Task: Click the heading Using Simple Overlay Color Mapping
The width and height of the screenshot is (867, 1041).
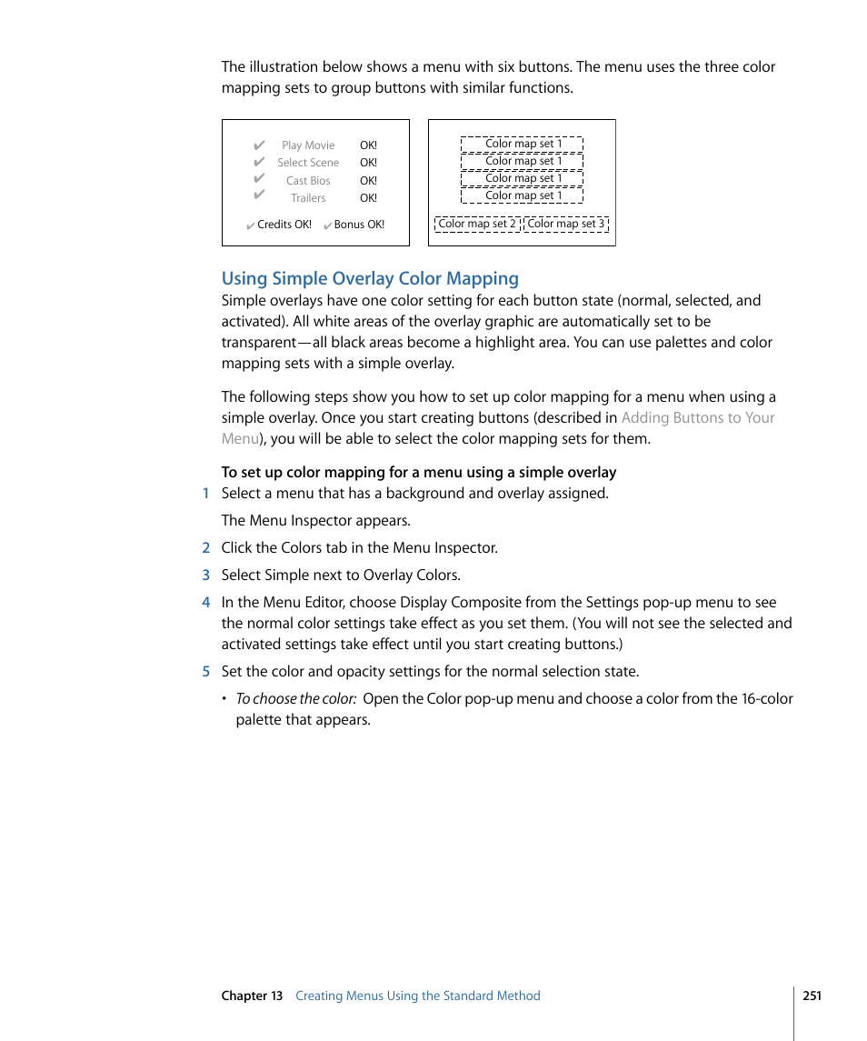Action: tap(370, 278)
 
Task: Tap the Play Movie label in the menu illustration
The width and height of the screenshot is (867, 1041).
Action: tap(308, 145)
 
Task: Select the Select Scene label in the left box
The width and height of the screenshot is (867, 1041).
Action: tap(308, 163)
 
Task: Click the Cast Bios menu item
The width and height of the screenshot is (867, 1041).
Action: tap(308, 181)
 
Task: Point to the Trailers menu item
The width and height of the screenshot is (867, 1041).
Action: tap(308, 198)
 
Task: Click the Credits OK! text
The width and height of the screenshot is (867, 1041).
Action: tap(284, 225)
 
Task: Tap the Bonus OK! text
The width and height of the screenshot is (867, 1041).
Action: tap(358, 225)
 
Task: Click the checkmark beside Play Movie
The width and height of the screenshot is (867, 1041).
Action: tap(259, 145)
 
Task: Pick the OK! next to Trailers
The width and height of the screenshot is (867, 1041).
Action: tap(368, 198)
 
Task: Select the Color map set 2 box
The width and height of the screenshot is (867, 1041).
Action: tap(477, 224)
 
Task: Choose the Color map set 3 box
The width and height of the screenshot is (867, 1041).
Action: tap(565, 224)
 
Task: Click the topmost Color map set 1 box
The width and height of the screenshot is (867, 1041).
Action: tap(522, 144)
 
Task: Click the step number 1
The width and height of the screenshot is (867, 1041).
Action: tap(205, 494)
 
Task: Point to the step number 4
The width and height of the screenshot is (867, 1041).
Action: tap(205, 603)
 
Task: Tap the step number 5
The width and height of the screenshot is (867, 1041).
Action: tap(205, 672)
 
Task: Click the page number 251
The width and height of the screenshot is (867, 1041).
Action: tap(812, 996)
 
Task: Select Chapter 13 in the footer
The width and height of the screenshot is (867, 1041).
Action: tap(252, 996)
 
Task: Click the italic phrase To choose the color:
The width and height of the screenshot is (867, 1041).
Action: tap(295, 699)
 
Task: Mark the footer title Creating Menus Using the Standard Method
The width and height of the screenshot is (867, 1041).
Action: tap(417, 996)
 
